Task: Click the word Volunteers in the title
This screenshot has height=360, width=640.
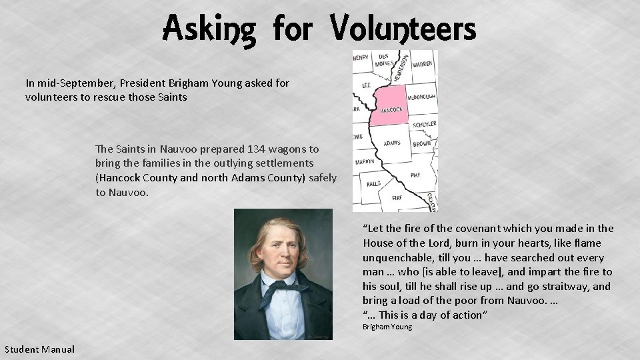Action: [403, 28]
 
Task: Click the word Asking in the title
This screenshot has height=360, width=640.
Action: [209, 29]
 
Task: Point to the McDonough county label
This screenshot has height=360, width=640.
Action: [421, 96]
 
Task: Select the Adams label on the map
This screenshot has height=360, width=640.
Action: [392, 143]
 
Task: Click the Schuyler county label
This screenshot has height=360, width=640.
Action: [424, 125]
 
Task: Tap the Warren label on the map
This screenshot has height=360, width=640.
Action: [421, 65]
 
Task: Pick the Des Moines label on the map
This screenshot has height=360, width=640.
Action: [383, 60]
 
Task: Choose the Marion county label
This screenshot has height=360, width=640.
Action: [365, 162]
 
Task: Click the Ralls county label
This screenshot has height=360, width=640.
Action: [373, 183]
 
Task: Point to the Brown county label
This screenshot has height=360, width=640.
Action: [421, 143]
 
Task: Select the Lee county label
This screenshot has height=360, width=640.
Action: [366, 85]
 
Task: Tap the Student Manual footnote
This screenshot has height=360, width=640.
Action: [39, 349]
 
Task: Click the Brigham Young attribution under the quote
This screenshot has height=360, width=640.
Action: [387, 327]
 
